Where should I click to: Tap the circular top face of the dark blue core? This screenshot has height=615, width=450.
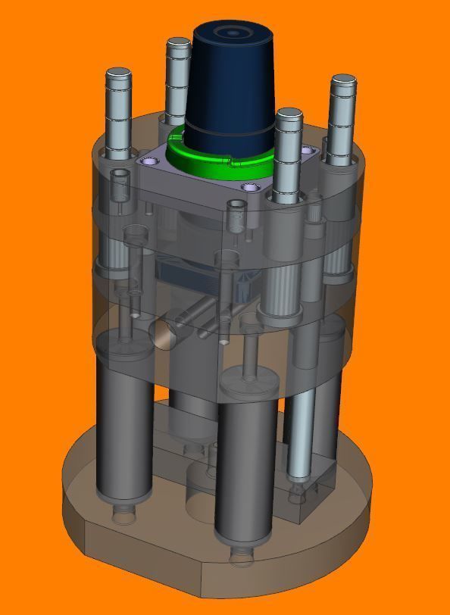(x=231, y=34)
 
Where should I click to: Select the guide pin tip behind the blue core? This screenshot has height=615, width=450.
(x=179, y=44)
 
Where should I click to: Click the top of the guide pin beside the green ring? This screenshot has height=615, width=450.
(x=289, y=116)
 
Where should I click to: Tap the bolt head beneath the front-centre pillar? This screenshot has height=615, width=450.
(x=242, y=557)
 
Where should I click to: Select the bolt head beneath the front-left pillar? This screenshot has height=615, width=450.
(x=122, y=514)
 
